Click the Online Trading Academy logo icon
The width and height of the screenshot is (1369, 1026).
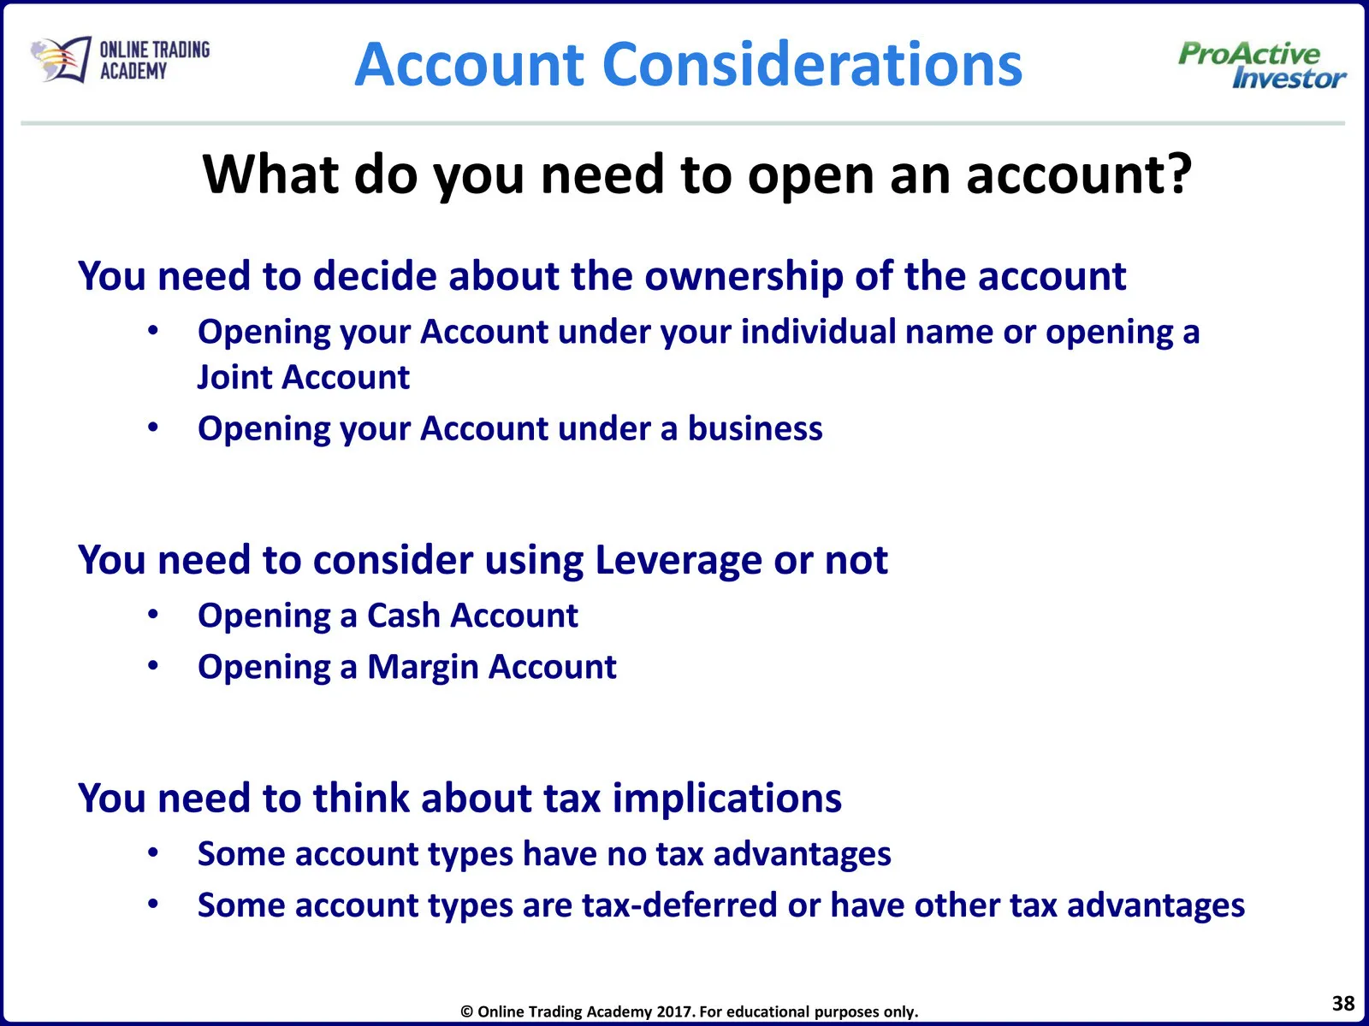click(x=61, y=59)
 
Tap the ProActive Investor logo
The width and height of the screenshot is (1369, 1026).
click(x=1262, y=65)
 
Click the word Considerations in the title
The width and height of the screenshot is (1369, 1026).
click(x=812, y=64)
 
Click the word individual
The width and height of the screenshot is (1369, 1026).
click(x=818, y=331)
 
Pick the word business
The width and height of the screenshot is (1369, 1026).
click(x=755, y=428)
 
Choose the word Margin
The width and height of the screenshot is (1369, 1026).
click(x=423, y=667)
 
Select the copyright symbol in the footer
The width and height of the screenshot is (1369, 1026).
click(x=467, y=1012)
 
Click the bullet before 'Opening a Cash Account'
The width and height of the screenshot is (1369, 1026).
click(x=153, y=615)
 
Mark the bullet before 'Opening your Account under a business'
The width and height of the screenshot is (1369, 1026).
click(x=153, y=428)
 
